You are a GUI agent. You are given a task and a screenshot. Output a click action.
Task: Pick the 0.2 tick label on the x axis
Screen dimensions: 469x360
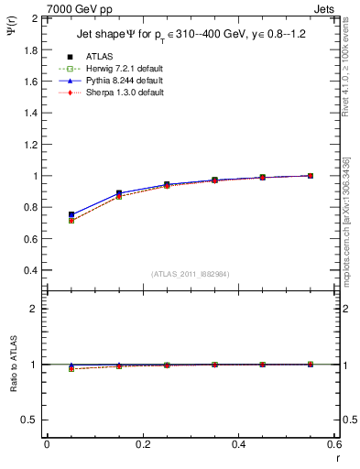tap(142, 444)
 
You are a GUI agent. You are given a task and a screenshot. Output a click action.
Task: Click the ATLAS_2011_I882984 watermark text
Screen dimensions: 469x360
tap(190, 274)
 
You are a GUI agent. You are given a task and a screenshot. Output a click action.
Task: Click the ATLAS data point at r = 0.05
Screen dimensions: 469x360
tap(71, 214)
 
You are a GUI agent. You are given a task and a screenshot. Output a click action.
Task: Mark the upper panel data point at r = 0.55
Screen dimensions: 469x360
tap(310, 176)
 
